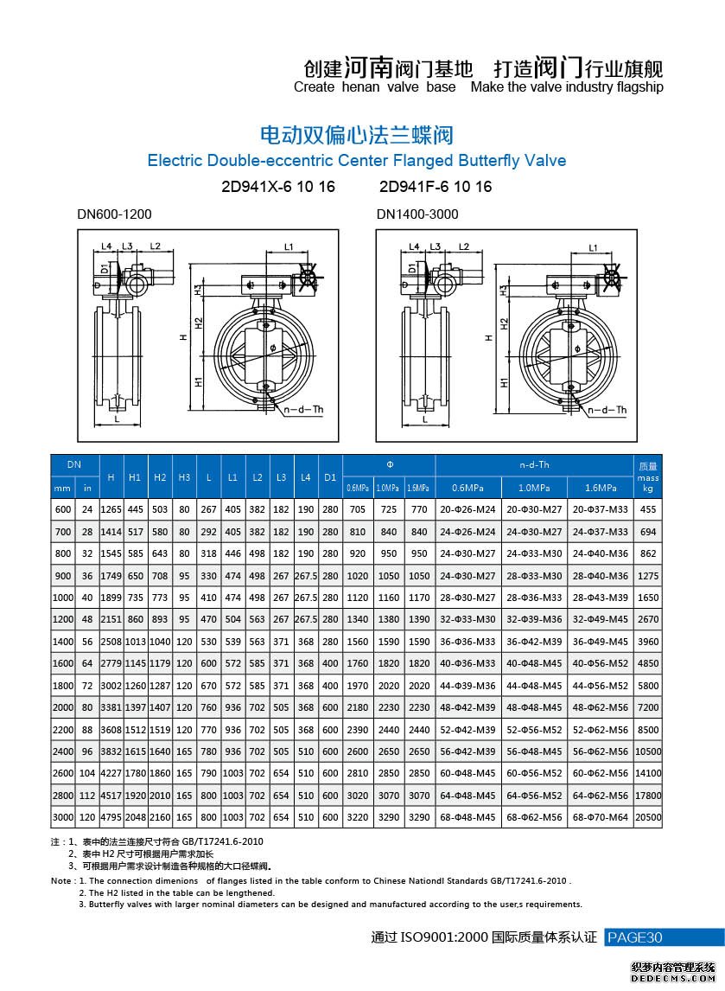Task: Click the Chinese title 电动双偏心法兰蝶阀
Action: [356, 135]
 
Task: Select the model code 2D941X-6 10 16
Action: [278, 187]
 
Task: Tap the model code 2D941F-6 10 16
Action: [436, 187]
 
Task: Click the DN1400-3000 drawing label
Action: [417, 214]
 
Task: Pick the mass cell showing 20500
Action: [648, 816]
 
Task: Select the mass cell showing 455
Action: [648, 510]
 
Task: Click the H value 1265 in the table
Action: [111, 510]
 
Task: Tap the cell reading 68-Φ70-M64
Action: [601, 816]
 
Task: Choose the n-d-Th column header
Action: [534, 464]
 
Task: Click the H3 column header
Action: [184, 476]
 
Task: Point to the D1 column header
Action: [330, 476]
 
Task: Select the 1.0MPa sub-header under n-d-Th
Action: [534, 488]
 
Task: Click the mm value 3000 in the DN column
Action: [63, 816]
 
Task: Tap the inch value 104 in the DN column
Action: [87, 773]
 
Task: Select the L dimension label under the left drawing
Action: [115, 419]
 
